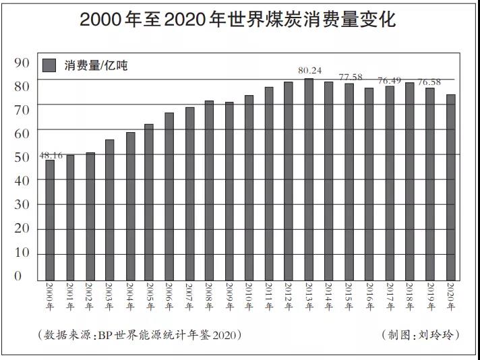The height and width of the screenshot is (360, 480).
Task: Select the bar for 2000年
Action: (x=50, y=220)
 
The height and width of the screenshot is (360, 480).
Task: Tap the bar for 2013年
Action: (x=309, y=179)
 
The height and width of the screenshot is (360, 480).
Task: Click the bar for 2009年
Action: (x=229, y=191)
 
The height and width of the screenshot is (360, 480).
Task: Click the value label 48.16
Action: (x=51, y=155)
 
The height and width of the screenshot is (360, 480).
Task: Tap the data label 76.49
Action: (x=390, y=80)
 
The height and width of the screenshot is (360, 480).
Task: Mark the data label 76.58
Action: (x=429, y=82)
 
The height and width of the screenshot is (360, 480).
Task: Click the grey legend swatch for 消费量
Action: (x=49, y=65)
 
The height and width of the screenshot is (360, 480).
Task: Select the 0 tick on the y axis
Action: (x=18, y=276)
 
